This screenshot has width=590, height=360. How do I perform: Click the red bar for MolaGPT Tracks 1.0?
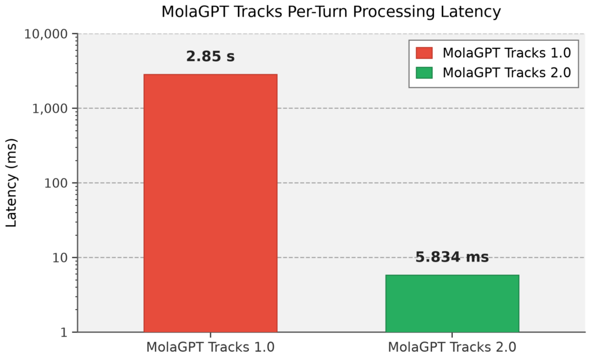point(210,203)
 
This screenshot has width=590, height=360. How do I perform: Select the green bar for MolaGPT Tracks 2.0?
point(452,304)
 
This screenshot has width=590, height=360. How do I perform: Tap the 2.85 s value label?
point(210,56)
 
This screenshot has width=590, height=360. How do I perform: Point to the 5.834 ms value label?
point(452,257)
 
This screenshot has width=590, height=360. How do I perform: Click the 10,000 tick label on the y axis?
point(46,34)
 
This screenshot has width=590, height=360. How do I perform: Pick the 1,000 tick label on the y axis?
point(50,109)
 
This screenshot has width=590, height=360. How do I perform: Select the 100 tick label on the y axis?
point(56,183)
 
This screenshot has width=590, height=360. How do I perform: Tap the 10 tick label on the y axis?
point(60,258)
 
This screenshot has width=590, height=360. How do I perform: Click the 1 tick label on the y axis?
point(63,332)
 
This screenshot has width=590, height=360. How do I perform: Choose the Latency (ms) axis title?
point(12,183)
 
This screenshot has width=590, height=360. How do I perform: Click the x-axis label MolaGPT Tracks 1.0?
point(210,347)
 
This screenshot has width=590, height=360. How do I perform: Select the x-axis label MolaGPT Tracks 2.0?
point(452,347)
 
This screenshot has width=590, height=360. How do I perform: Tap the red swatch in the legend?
point(424,53)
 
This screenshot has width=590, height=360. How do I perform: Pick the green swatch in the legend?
point(424,73)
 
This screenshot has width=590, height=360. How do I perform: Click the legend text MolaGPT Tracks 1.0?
point(507,53)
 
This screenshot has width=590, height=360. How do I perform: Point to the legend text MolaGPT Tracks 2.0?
point(507,73)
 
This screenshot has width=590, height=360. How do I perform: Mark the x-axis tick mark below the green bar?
point(452,335)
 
